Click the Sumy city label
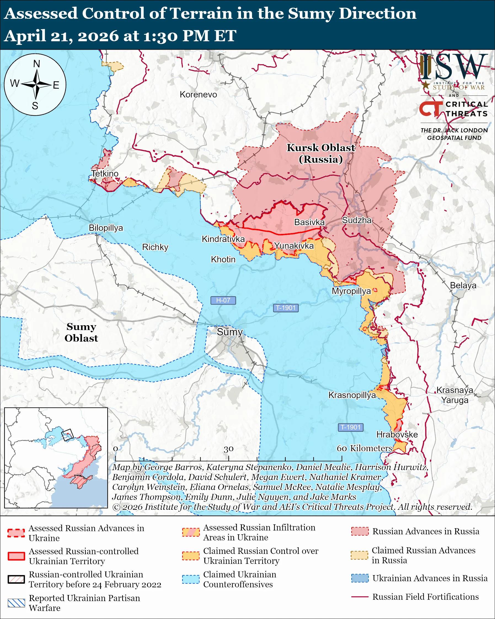tap(229, 332)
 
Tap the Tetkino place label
tap(105, 174)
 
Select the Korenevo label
tap(198, 94)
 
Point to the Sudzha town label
tap(357, 220)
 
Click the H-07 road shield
tap(223, 300)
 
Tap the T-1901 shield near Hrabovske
tap(350, 427)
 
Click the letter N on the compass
tap(36, 64)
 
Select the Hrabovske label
tap(397, 434)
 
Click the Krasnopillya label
tap(352, 395)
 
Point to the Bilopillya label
tap(106, 228)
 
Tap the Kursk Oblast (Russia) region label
tap(321, 153)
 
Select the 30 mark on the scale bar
tap(228, 449)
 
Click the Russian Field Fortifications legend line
tap(360, 597)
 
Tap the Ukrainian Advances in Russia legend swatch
tap(360, 578)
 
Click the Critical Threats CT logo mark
tap(430, 109)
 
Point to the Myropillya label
tap(351, 291)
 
